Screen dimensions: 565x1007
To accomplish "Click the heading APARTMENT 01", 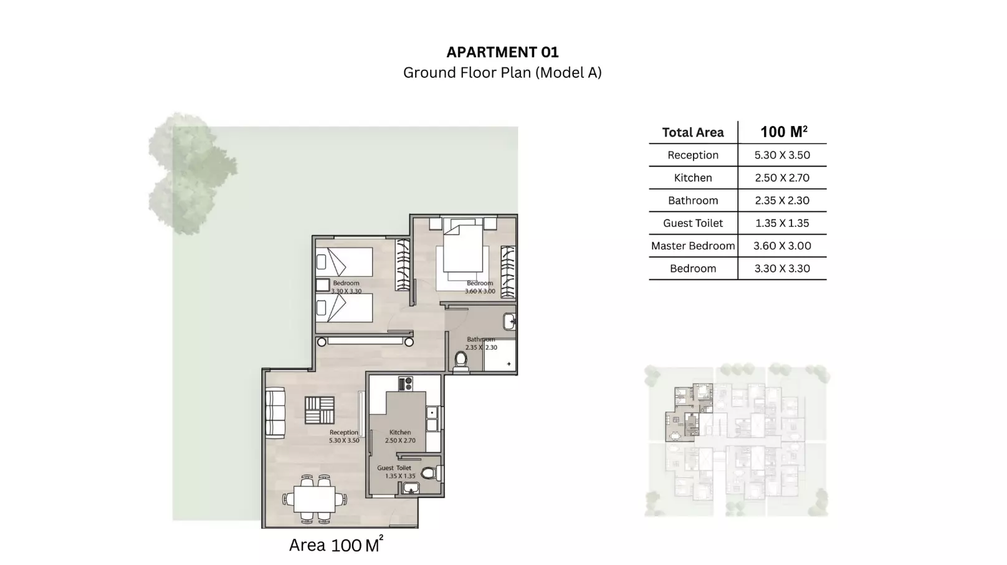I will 502,52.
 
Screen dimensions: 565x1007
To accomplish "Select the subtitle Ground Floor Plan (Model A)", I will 502,73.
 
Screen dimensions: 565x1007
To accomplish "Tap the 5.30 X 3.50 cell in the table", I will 782,155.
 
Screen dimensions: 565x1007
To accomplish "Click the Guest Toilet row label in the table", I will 693,223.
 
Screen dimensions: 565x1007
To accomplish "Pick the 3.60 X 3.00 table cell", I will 782,246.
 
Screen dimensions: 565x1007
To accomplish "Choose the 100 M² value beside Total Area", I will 783,132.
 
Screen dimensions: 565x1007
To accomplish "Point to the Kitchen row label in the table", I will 693,178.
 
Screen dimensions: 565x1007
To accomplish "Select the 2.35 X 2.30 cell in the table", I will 782,201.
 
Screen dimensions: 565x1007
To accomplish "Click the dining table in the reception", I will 315,499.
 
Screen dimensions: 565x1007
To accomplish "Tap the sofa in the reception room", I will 275,412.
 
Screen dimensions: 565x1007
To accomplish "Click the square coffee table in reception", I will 320,410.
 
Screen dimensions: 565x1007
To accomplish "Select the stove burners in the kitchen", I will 405,384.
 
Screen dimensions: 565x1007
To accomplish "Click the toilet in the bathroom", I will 461,360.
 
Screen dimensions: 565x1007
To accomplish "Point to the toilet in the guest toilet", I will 429,473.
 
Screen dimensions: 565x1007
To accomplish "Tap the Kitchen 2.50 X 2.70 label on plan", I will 400,437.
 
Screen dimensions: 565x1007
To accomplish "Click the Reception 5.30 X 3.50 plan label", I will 344,437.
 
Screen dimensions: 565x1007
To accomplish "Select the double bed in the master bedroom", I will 462,253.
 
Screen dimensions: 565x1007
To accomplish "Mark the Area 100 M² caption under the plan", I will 335,545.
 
